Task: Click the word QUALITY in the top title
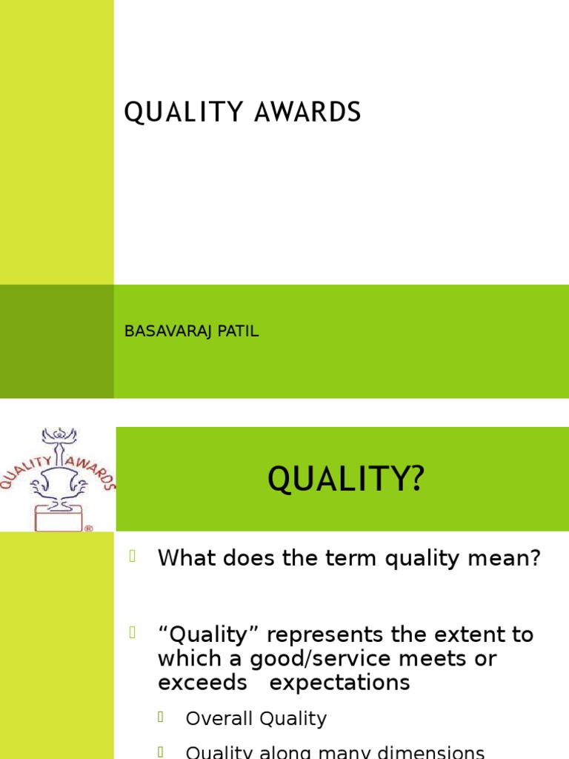click(x=183, y=113)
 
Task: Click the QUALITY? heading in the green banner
click(x=346, y=479)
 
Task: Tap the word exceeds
click(x=202, y=683)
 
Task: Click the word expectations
click(x=339, y=683)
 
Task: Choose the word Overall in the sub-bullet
click(x=219, y=718)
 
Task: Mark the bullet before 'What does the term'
click(x=133, y=556)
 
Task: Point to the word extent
click(x=456, y=635)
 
